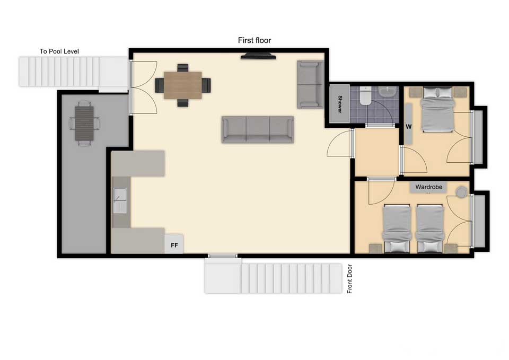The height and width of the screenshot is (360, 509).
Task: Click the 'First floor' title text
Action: (x=254, y=40)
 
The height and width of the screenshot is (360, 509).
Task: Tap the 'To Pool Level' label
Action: (x=59, y=51)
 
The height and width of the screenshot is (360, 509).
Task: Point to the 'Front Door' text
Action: (x=349, y=279)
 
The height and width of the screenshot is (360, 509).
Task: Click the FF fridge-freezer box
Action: (x=174, y=244)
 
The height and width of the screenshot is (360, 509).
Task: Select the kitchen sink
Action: (x=120, y=200)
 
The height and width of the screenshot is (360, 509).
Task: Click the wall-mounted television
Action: (x=258, y=56)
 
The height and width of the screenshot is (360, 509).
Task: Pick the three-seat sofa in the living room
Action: (x=258, y=129)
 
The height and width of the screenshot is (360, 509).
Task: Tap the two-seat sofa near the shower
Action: (x=310, y=84)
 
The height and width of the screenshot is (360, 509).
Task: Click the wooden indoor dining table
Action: (x=183, y=85)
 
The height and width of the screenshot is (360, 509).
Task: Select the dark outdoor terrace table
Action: (x=84, y=124)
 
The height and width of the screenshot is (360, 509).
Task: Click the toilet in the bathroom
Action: (x=365, y=96)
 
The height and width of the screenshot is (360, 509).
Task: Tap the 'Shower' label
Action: (x=340, y=104)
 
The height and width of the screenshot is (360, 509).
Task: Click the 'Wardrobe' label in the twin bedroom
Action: (x=428, y=187)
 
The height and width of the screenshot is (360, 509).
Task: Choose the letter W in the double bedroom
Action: (x=408, y=127)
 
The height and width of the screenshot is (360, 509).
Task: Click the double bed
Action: (x=437, y=109)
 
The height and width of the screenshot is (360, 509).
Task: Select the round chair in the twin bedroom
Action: (x=461, y=192)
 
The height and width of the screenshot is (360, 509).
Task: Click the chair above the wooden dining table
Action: (x=183, y=68)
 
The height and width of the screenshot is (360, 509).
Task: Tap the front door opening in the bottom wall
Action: (x=223, y=256)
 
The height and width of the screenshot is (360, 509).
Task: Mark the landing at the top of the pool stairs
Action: (x=113, y=75)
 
